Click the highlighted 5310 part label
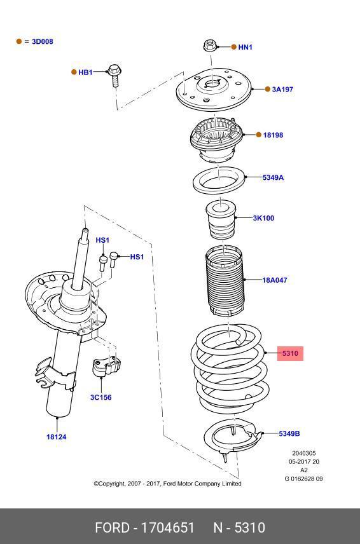290,353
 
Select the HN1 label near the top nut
245,47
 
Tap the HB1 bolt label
85,72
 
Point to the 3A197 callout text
282,89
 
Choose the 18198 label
273,135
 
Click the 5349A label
273,177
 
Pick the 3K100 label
263,218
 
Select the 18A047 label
275,280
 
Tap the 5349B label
289,433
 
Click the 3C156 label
100,397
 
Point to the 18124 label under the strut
56,437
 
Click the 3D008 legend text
43,41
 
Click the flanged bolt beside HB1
115,75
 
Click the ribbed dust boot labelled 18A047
225,280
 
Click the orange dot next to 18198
259,135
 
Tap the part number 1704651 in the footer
167,527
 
